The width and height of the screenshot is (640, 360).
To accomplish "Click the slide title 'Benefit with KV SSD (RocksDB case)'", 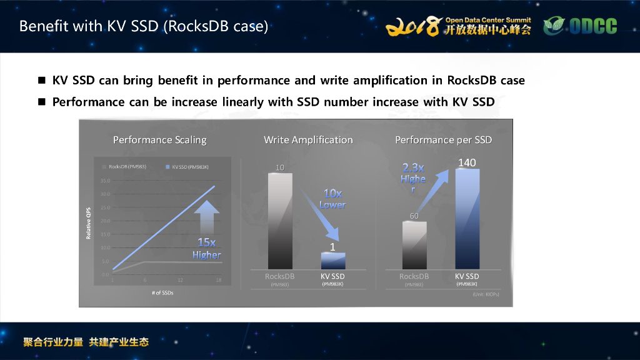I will coord(144,27).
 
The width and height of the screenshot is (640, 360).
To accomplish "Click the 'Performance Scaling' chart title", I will coord(159,140).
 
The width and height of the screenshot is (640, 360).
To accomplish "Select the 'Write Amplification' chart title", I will coord(308,140).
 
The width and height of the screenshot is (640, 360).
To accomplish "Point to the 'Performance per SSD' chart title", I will coord(443,140).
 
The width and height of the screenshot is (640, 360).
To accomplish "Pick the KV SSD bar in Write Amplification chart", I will coord(332,261).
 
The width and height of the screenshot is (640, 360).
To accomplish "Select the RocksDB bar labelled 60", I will coord(414,245).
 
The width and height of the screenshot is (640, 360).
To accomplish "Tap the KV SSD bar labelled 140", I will coord(467,219).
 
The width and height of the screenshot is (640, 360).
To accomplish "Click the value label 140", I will coord(467,162).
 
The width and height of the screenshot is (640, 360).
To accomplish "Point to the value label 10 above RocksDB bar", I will coord(280,167).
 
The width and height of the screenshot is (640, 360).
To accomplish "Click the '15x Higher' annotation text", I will coord(206,249).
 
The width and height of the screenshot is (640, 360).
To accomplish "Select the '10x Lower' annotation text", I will coord(332,199).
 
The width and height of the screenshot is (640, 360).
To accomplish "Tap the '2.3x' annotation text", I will coord(413,167).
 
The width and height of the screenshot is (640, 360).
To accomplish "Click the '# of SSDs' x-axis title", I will coord(162,293).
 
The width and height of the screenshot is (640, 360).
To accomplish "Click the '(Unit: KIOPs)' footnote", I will coord(486,293).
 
